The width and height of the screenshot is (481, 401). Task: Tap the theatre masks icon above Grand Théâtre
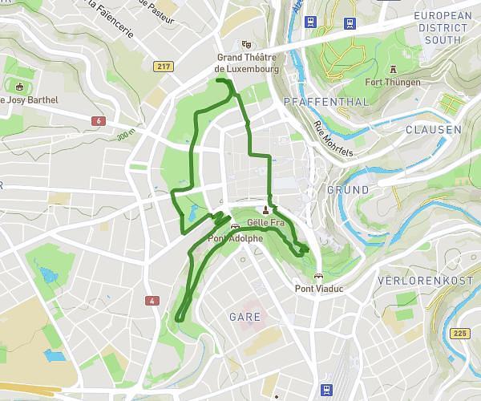pyautogui.click(x=246, y=45)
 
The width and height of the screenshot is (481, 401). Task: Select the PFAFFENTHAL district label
pyautogui.click(x=326, y=102)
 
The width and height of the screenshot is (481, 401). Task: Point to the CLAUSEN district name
pyautogui.click(x=433, y=129)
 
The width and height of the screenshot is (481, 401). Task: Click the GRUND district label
pyautogui.click(x=347, y=190)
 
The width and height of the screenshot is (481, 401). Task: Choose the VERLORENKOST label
pyautogui.click(x=424, y=282)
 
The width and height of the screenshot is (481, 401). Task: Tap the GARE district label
pyautogui.click(x=245, y=317)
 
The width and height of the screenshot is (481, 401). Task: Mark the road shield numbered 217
pyautogui.click(x=165, y=67)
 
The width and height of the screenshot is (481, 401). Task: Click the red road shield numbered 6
pyautogui.click(x=98, y=120)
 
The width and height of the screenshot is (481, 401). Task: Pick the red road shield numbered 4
pyautogui.click(x=151, y=301)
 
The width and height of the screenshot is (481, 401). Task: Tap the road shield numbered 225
pyautogui.click(x=458, y=333)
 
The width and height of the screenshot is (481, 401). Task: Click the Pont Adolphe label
pyautogui.click(x=235, y=238)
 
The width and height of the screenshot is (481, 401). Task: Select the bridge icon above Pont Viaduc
pyautogui.click(x=318, y=277)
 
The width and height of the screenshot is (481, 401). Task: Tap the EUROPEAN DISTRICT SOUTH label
pyautogui.click(x=443, y=27)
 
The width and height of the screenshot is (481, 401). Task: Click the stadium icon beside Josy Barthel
pyautogui.click(x=19, y=86)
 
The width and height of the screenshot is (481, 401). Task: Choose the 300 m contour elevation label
pyautogui.click(x=124, y=136)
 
